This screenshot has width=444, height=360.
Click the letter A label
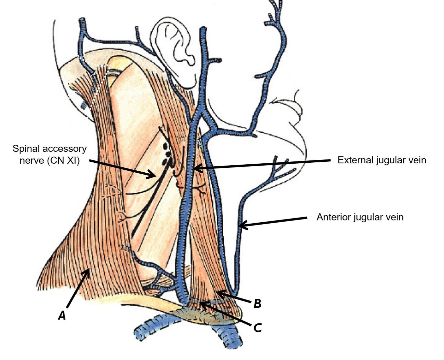tap(62, 314)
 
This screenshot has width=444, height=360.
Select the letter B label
tap(257, 303)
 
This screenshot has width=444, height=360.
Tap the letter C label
tap(257, 327)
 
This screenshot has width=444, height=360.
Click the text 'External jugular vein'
tap(381, 160)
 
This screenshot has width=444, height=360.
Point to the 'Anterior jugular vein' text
tap(360, 217)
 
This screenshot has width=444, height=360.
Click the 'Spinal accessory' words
tap(50, 148)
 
